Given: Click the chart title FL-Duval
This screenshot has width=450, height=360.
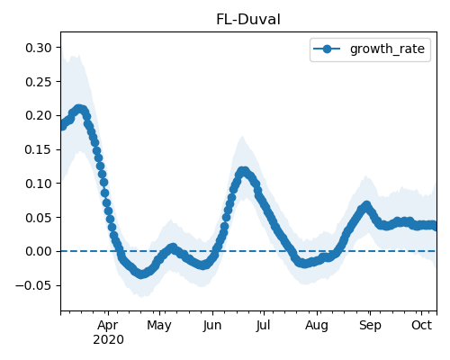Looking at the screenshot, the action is coord(248,20).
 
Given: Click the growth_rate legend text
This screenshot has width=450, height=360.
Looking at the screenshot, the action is coord(387,49).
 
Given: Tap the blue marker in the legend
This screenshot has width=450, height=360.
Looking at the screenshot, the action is coord(327,49).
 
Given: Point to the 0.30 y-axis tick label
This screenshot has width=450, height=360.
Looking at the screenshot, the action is coord(39,48).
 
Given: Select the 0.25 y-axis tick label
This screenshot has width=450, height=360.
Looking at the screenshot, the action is coord(39,82).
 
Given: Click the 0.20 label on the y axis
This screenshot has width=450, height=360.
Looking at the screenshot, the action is coord(39,115).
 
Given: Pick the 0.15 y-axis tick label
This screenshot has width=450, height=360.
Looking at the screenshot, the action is coord(39,149).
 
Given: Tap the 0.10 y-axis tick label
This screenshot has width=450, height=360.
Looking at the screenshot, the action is coord(39,184).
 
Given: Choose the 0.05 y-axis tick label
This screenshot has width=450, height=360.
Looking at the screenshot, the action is coord(39,218).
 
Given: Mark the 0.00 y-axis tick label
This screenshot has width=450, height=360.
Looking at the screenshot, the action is coord(39,251).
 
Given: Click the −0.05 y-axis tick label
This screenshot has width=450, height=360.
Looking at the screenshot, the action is coord(33,285).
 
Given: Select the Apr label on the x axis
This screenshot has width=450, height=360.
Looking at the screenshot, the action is coord(108,326).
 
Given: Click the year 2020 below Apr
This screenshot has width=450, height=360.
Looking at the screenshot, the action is coord(108,340).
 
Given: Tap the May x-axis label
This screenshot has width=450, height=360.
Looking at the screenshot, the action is coord(159,326).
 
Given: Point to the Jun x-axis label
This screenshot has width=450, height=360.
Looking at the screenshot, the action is coord(212,326).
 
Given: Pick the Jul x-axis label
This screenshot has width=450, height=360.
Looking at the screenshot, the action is coord(263,326).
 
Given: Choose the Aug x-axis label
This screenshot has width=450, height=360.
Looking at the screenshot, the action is coord(317,326).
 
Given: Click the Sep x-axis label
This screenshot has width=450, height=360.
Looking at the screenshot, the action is coord(370,326).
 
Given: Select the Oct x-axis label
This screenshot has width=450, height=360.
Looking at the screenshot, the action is coord(421,326).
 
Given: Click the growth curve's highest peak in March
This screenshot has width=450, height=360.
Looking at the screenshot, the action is coord(79,109).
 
